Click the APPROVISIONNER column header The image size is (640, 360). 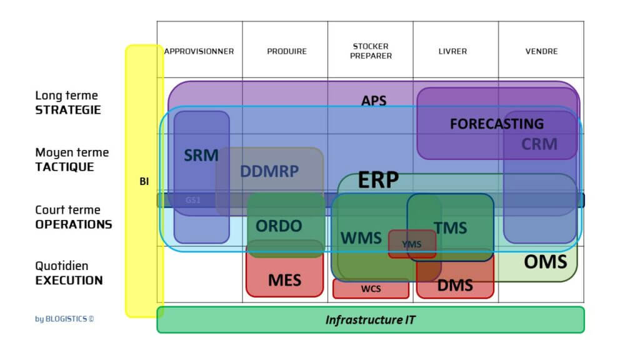(199, 51)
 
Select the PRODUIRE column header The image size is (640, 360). (286, 51)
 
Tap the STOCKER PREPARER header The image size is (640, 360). (371, 51)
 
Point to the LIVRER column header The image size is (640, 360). (452, 51)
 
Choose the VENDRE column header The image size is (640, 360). (541, 51)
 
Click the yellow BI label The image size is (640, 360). (144, 181)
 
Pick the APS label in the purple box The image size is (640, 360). (374, 100)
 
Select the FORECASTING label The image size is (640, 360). (496, 124)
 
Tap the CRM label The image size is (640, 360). (539, 144)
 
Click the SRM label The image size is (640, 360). (201, 155)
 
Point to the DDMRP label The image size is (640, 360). (269, 171)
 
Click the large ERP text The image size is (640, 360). (378, 181)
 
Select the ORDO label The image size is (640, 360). (279, 226)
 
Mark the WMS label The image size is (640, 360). (361, 238)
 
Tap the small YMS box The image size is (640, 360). (412, 244)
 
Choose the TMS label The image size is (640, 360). (450, 228)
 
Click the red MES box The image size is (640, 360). (284, 279)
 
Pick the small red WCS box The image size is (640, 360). (371, 289)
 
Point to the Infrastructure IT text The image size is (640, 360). (370, 320)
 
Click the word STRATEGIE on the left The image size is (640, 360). (67, 110)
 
